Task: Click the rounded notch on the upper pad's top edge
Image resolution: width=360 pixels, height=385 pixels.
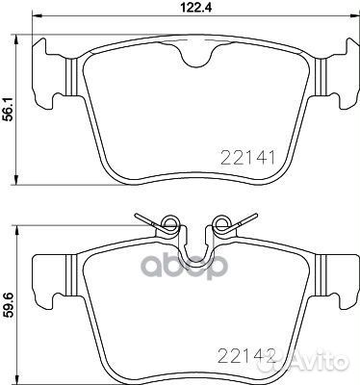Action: [x=196, y=61]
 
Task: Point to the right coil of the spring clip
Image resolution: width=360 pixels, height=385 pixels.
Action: [x=222, y=226]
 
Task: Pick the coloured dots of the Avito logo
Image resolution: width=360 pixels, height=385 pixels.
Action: [x=294, y=365]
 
